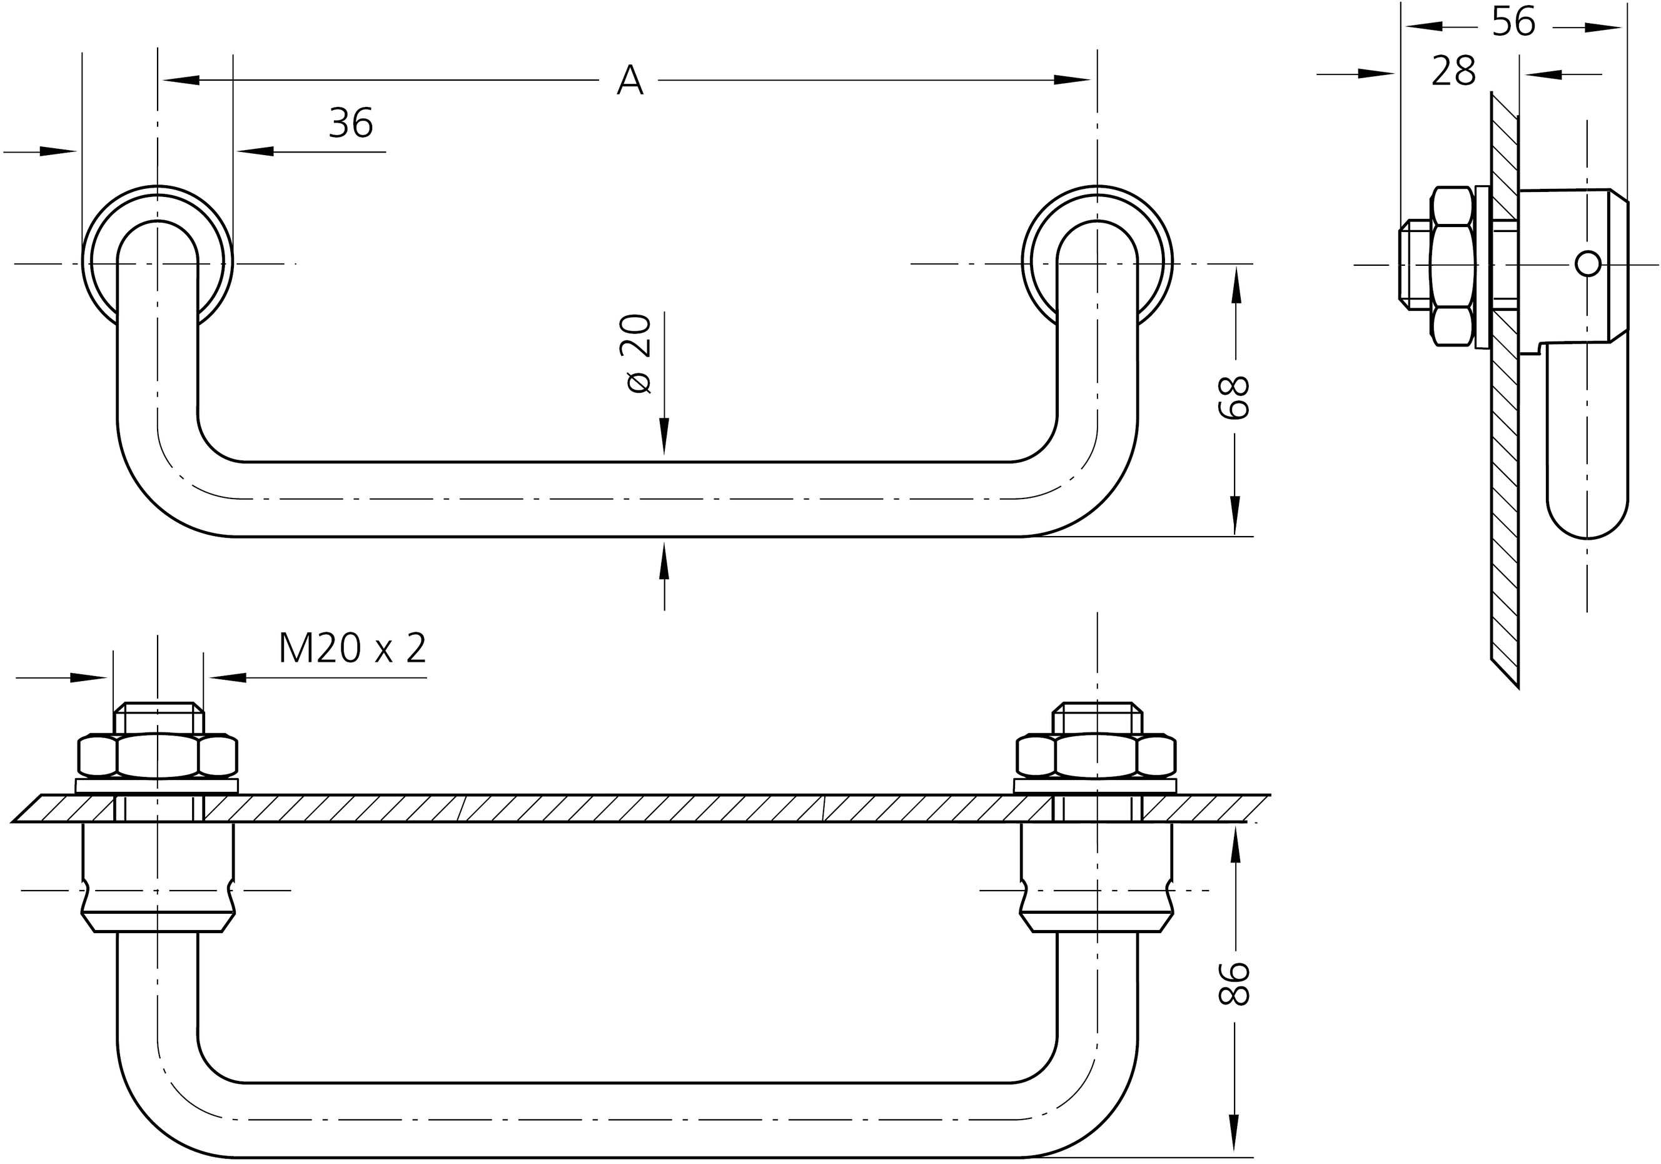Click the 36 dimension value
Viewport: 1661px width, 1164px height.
351,123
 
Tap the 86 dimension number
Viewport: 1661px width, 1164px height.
1234,984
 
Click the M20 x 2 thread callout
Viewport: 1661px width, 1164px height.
352,648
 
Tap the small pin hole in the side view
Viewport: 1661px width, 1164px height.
1587,264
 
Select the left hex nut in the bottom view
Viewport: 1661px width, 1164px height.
157,757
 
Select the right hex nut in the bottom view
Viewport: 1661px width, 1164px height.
1096,757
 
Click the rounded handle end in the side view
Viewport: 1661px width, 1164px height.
1587,517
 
